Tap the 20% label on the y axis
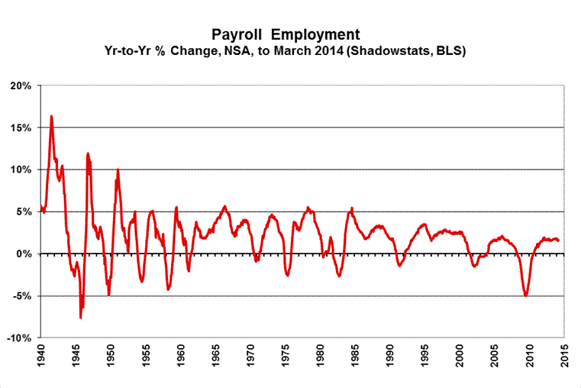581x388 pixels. [19, 86]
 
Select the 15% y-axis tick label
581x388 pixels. [19, 128]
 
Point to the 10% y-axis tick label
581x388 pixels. [19, 170]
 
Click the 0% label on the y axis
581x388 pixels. [22, 254]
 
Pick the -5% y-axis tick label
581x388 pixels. [21, 296]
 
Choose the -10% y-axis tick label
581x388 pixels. [18, 338]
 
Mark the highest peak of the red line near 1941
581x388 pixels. [51, 116]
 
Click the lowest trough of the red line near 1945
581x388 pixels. [80, 317]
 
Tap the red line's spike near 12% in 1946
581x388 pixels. [88, 154]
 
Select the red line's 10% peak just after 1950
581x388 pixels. [118, 170]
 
